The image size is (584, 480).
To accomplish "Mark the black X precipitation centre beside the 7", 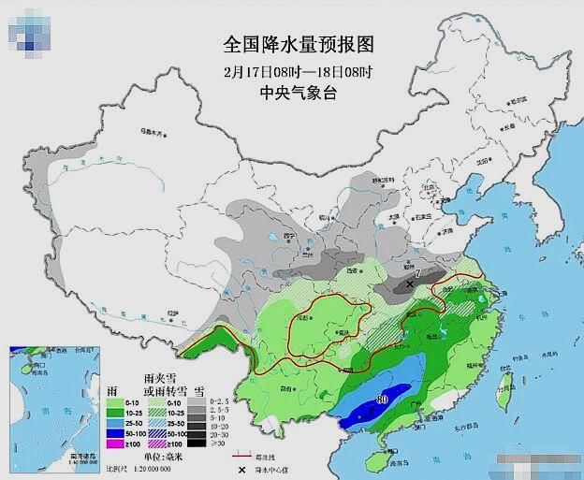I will pyautogui.click(x=410, y=284).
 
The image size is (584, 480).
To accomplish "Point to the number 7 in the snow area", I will pyautogui.click(x=418, y=273).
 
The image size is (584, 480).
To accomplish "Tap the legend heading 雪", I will pyautogui.click(x=198, y=388).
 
